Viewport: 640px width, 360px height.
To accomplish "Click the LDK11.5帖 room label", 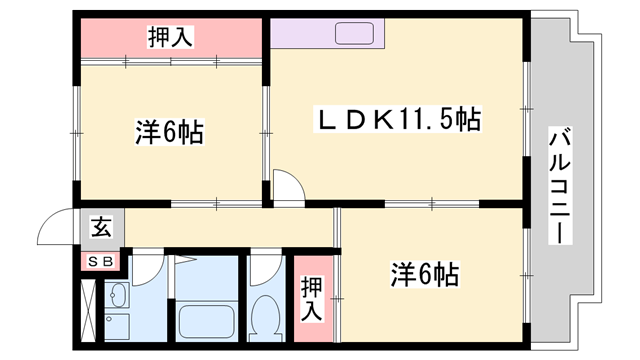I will point(398,122).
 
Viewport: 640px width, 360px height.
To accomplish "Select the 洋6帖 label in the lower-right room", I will point(424,272).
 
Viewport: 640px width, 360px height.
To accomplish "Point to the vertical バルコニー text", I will point(559,185).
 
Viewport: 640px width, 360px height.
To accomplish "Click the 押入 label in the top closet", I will point(171,38).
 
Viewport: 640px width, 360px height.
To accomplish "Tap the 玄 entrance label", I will point(101,227).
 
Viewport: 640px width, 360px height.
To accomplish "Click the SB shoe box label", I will point(101,261).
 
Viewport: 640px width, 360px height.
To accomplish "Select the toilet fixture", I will point(265,318).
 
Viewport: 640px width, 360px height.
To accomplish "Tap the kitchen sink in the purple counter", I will point(354,33).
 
